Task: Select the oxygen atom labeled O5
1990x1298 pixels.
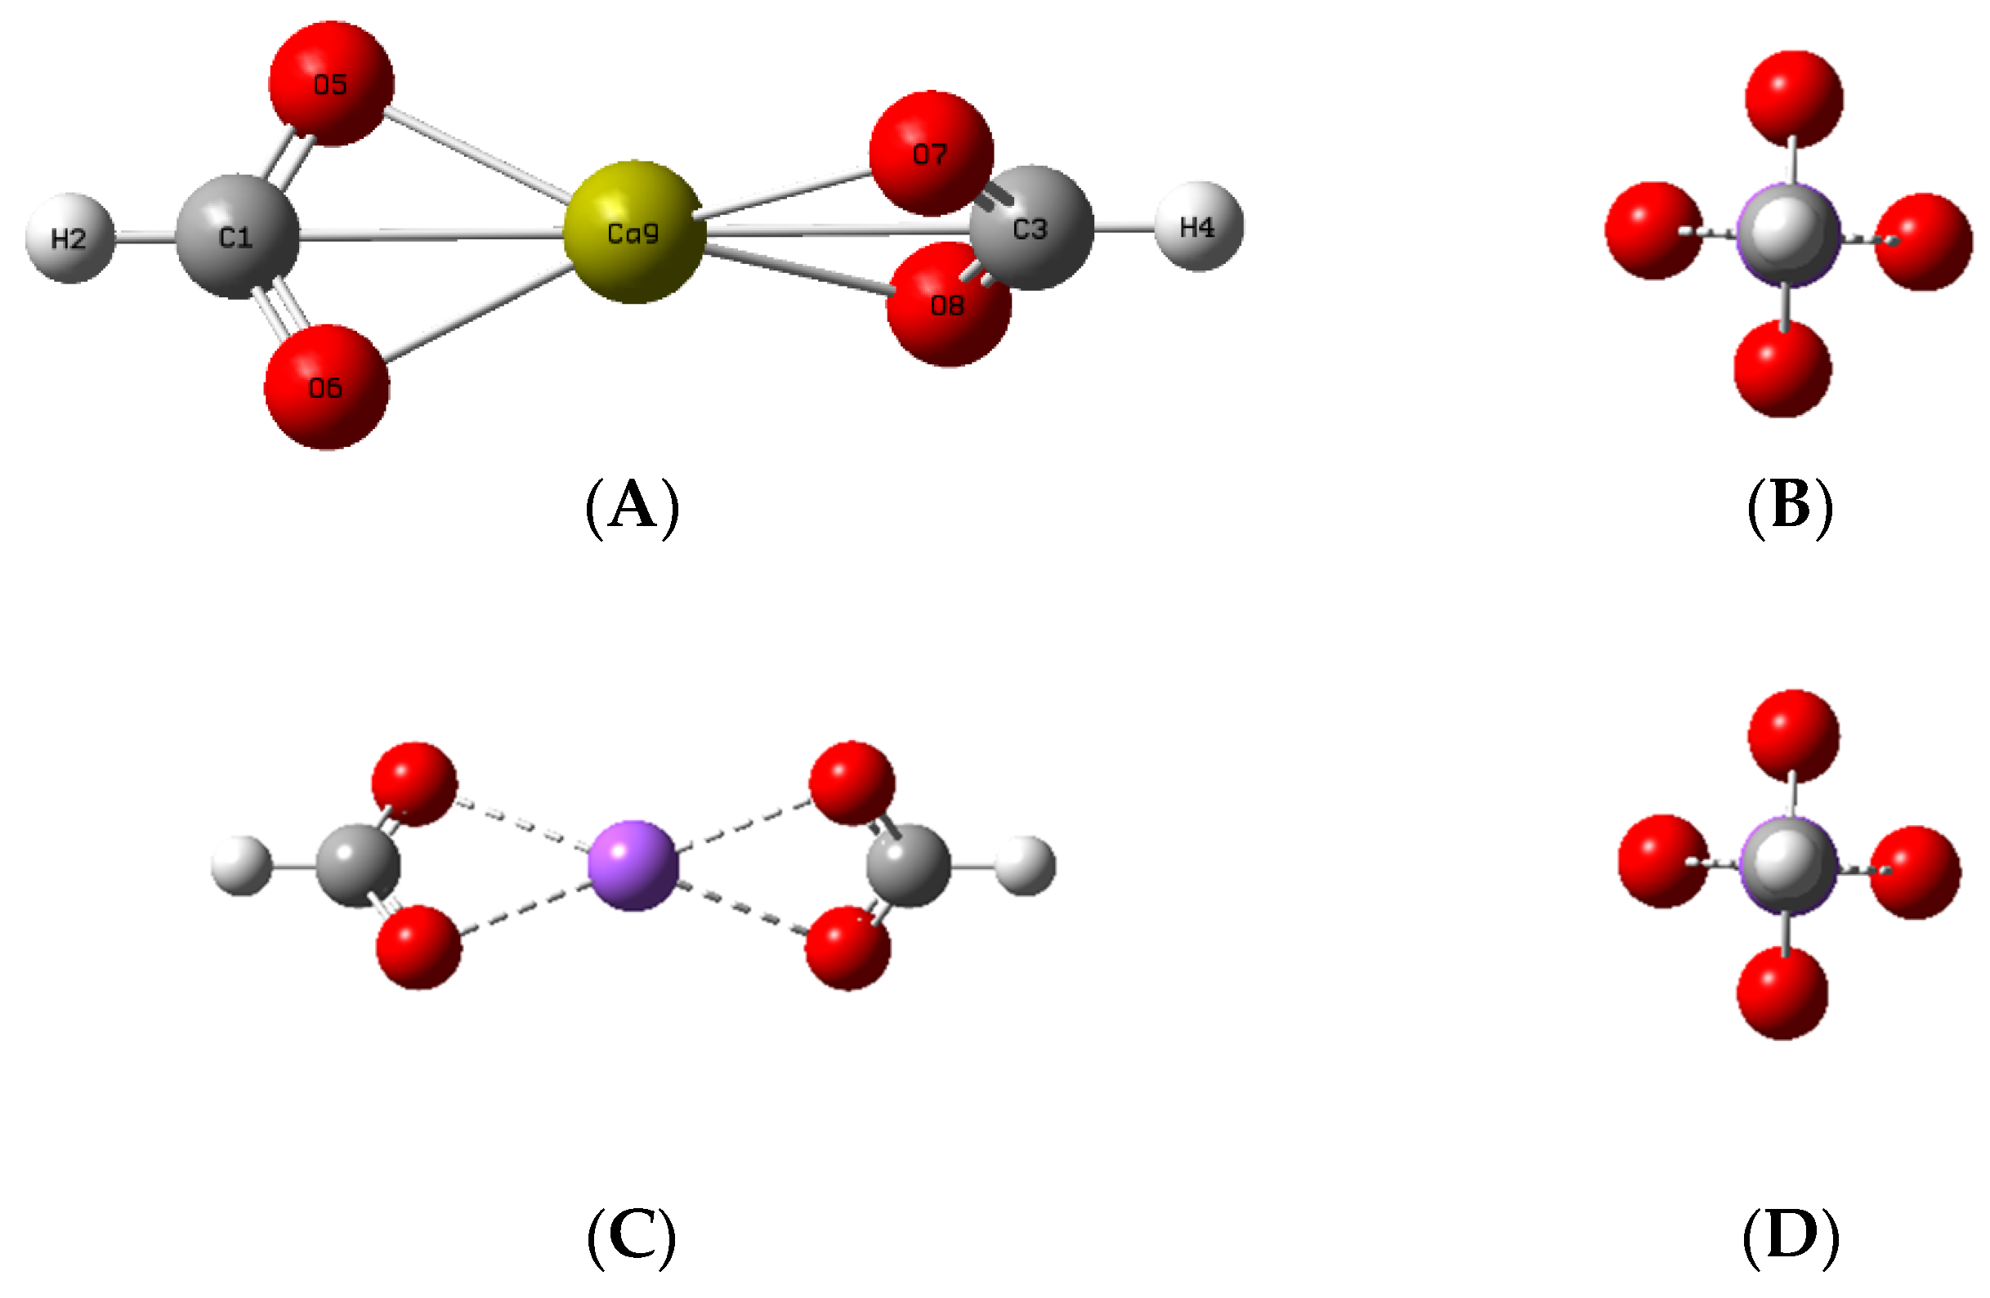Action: (x=330, y=84)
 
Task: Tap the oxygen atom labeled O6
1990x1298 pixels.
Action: (x=326, y=387)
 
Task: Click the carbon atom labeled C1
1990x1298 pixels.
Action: (x=237, y=238)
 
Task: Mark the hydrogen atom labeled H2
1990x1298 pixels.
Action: (x=69, y=239)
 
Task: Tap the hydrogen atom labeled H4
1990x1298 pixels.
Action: (x=1197, y=226)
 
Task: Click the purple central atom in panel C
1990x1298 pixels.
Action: (x=632, y=865)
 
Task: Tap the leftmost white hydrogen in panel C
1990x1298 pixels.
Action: (x=242, y=866)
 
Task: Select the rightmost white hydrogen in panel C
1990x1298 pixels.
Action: (x=1026, y=866)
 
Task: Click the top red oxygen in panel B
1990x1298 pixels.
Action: (x=1794, y=98)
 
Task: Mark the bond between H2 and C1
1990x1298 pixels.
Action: (x=144, y=239)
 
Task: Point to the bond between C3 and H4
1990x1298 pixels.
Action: (x=1124, y=227)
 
